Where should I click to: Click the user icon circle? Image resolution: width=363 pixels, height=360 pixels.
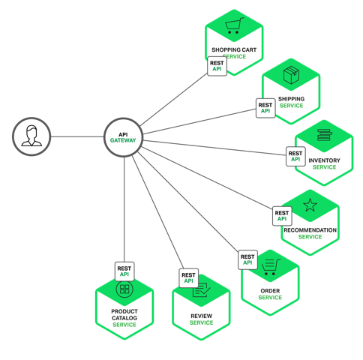pos(31,136)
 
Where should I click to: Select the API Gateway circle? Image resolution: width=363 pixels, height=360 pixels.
pos(124,136)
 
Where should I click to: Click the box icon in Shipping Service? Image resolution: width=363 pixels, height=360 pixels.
pos(291,76)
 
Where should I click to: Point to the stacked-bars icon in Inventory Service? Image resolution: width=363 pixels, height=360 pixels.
pos(324,136)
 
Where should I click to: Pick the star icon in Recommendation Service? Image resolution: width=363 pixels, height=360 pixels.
pos(310,205)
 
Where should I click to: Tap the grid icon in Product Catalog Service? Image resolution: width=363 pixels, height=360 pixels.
pos(124,289)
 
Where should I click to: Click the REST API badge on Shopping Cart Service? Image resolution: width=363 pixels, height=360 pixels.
pos(217,65)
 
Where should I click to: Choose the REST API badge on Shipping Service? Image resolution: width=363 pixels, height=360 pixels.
pos(265,107)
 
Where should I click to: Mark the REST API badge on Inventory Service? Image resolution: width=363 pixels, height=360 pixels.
pos(295,156)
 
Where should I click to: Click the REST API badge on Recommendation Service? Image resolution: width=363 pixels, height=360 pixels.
pos(282,216)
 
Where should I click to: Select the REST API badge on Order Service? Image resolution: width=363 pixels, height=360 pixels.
pos(247,259)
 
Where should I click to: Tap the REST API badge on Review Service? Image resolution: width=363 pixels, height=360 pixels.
pos(188,278)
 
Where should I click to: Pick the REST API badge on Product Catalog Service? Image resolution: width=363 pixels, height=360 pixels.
pos(124,270)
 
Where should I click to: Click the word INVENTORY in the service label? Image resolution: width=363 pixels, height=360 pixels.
pos(324,160)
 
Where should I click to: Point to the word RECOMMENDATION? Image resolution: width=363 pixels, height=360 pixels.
pos(310,229)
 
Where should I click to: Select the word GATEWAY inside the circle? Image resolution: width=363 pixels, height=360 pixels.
pos(124,141)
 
